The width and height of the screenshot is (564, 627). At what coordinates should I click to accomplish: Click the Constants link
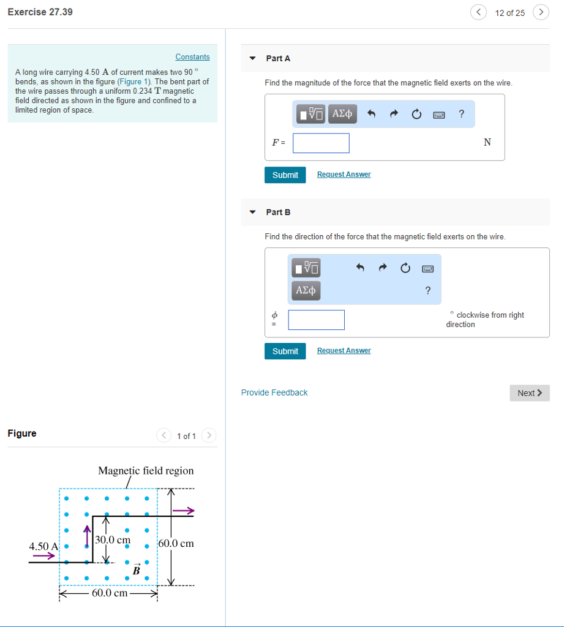[192, 57]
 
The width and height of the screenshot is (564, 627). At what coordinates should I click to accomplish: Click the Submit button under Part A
[285, 175]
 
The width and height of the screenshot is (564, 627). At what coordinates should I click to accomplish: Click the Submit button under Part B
[285, 351]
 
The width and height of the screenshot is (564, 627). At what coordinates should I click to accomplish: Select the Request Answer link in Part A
[344, 175]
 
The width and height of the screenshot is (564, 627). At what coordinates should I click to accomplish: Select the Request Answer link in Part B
[344, 351]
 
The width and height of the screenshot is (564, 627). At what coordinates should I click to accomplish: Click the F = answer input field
[321, 143]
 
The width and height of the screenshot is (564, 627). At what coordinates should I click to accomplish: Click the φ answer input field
[316, 320]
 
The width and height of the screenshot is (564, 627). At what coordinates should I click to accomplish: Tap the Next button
[529, 393]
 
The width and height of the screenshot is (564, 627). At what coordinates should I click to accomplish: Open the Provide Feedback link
[274, 392]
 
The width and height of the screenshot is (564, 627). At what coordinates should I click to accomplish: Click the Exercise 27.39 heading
[40, 12]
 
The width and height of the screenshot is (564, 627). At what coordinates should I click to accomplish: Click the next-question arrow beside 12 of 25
[540, 12]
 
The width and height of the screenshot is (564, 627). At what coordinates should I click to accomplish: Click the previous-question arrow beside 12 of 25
[479, 12]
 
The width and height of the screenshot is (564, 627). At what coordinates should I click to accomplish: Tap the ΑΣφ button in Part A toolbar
[342, 113]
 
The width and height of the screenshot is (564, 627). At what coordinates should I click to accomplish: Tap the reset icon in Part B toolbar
[405, 268]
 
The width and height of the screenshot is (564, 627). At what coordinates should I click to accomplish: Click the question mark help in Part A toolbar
[461, 113]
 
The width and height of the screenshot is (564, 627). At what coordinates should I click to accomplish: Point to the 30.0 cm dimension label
[113, 540]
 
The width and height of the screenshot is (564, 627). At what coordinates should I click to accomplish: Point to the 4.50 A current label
[43, 546]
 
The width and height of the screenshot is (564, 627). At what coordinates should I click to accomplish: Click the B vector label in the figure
[137, 570]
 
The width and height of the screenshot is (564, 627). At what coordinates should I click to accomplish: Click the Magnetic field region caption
[146, 471]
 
